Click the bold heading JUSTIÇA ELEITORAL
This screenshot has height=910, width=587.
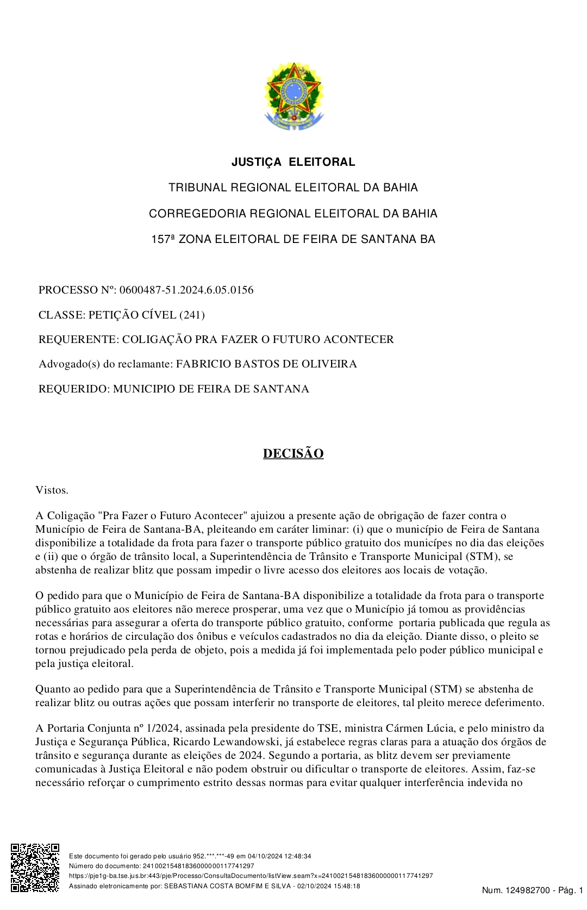point(293,162)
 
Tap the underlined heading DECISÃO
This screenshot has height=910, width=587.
point(293,453)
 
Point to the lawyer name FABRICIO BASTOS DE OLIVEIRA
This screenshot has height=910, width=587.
point(266,364)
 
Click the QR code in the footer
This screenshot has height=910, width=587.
point(35,867)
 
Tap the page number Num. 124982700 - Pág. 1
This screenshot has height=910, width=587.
point(532,890)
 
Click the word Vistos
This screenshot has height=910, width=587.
point(52,490)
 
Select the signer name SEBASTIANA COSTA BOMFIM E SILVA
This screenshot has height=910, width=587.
point(228,886)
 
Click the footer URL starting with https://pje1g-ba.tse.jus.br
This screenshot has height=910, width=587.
point(251,876)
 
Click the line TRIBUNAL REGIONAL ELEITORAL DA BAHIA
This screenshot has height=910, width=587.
point(293,188)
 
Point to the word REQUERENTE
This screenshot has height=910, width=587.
point(77,339)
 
